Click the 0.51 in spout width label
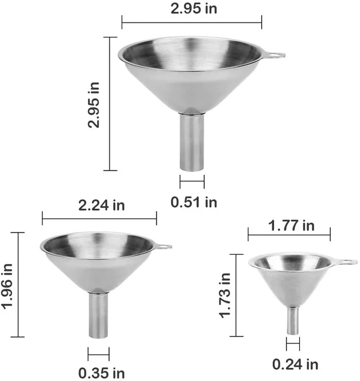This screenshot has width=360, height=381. [194, 202]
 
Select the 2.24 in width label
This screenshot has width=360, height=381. [99, 205]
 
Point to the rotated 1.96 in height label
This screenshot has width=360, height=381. [8, 285]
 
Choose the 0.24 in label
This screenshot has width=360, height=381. [295, 364]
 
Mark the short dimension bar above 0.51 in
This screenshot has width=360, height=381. [192, 182]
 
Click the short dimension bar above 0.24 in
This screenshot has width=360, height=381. [293, 344]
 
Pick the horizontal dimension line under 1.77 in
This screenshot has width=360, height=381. [289, 235]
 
